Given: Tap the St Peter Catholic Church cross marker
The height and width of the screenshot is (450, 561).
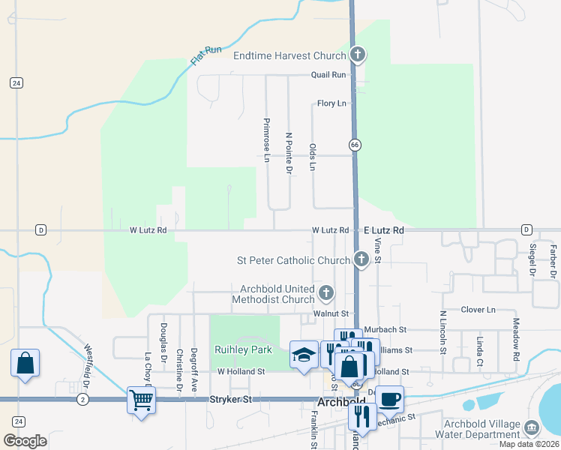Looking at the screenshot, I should [361, 260].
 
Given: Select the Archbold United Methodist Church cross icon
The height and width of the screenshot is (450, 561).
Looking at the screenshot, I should [325, 292].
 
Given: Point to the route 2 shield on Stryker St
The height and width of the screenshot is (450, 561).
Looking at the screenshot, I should [82, 400].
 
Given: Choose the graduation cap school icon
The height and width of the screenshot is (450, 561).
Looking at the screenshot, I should [304, 354].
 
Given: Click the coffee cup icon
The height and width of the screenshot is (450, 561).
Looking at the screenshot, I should [388, 398].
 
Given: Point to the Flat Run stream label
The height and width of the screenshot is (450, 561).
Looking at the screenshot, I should [206, 55].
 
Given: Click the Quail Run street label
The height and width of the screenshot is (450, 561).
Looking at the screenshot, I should [329, 75].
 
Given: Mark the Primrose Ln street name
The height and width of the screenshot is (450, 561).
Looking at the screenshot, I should [265, 138].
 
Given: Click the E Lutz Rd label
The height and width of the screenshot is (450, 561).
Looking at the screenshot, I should [384, 230].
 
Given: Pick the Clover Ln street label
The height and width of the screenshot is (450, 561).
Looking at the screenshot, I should [478, 309].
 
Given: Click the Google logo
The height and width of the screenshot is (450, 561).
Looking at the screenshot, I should [25, 441].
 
